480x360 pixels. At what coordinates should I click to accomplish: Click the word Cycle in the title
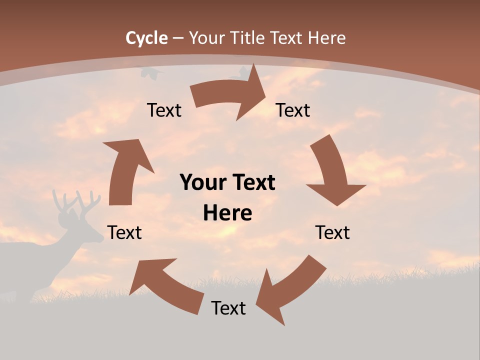[x=146, y=38]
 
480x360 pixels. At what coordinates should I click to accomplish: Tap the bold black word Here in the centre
[x=227, y=213]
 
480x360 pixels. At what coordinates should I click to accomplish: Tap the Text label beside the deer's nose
[x=124, y=232]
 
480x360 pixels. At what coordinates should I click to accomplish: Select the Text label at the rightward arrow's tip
[x=293, y=110]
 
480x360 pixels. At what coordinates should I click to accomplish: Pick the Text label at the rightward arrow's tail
[x=164, y=110]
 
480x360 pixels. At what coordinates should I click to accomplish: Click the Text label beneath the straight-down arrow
[x=332, y=232]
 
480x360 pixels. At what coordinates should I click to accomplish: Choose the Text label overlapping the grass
[x=228, y=308]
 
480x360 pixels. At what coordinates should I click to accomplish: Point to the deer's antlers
[x=72, y=202]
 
